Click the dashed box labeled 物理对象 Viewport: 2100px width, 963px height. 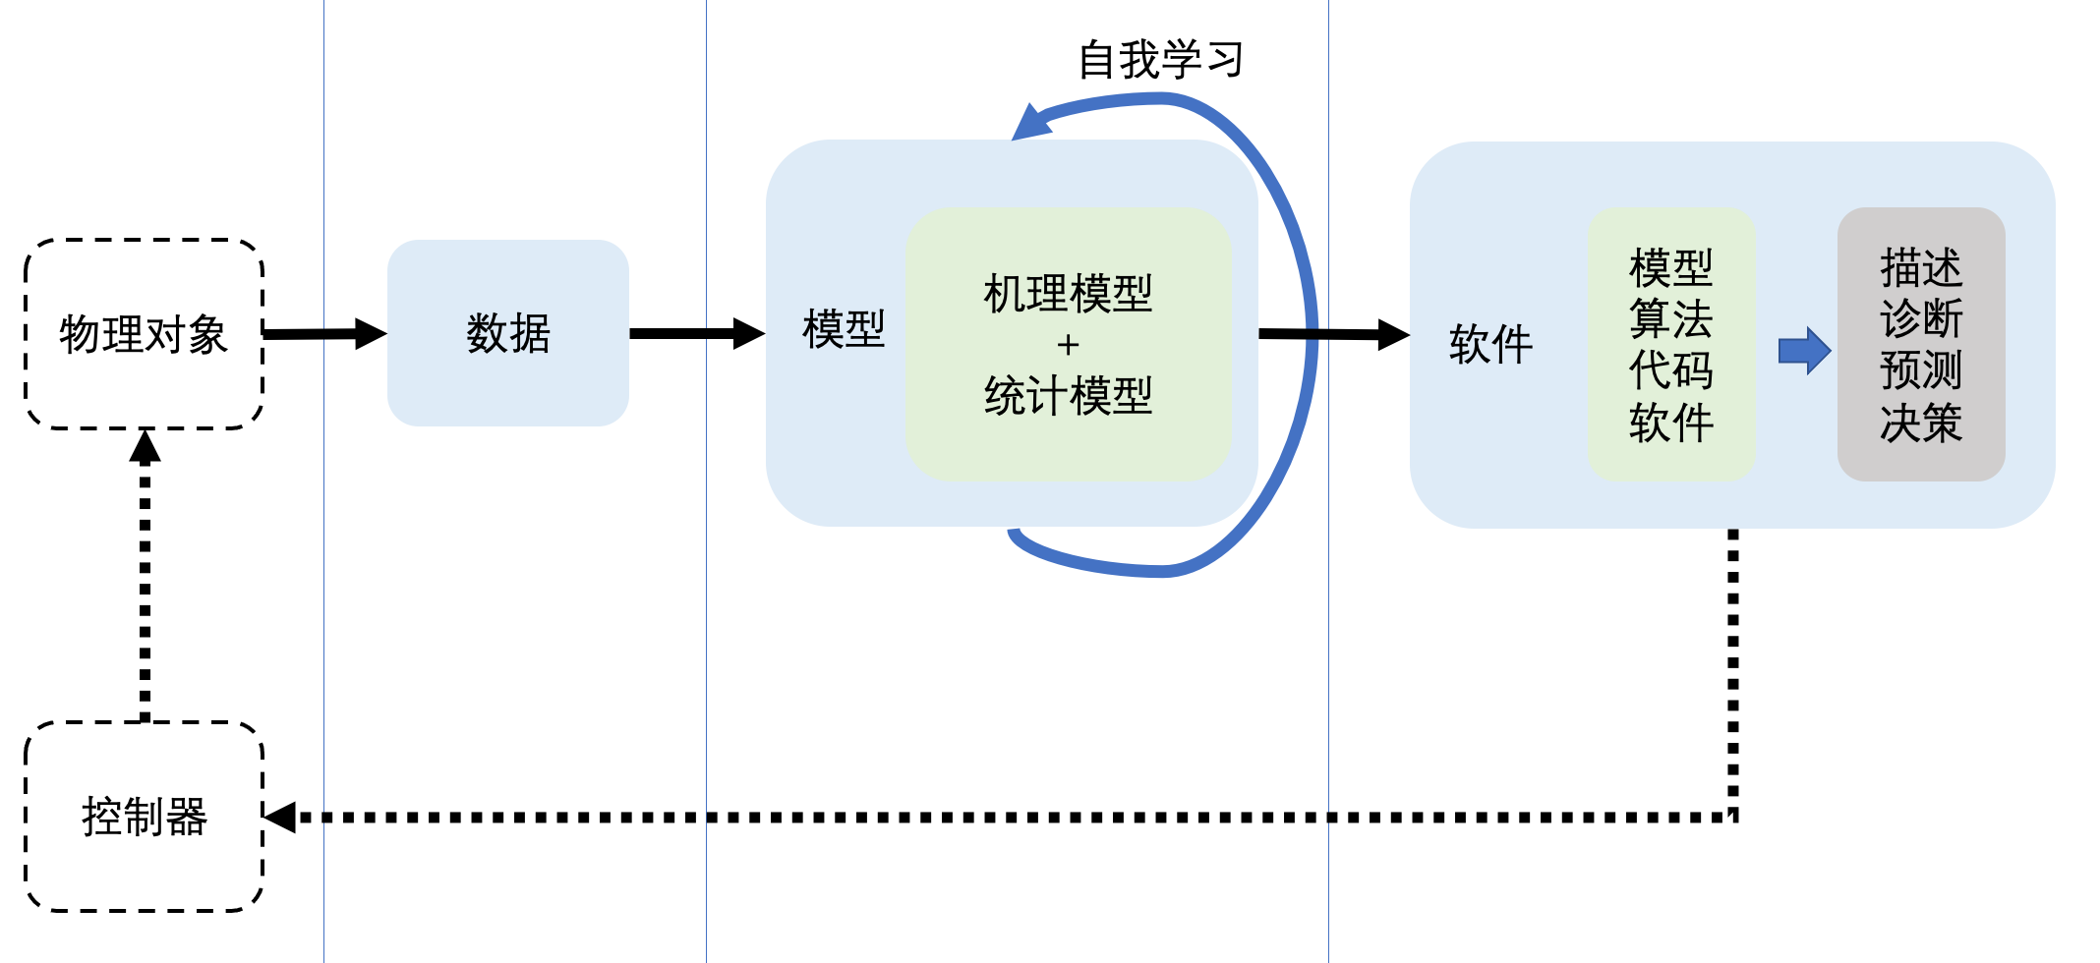coord(144,334)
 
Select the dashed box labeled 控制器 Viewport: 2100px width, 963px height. coord(144,817)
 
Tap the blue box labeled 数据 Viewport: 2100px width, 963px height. coord(507,333)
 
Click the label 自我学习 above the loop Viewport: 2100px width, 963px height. coord(1160,60)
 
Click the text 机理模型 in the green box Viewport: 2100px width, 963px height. coord(1068,293)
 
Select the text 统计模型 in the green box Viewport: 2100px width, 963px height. coord(1068,395)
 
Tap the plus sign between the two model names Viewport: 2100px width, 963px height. coord(1068,345)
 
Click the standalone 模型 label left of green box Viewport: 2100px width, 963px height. coord(844,328)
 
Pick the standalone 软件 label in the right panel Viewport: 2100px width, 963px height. coord(1490,344)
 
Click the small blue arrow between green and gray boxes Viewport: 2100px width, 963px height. coord(1804,351)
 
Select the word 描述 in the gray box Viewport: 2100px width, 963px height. coord(1920,267)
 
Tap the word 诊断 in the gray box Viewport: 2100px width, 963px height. coord(1920,318)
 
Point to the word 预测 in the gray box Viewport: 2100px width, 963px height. coord(1920,370)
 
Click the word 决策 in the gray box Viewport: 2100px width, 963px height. coord(1920,423)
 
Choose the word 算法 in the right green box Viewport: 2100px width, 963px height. coord(1670,318)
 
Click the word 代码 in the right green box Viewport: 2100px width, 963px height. coord(1670,370)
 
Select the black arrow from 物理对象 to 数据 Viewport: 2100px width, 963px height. coord(324,334)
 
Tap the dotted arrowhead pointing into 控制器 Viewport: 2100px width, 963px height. coord(281,817)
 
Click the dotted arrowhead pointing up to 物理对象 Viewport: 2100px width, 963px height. coord(145,447)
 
